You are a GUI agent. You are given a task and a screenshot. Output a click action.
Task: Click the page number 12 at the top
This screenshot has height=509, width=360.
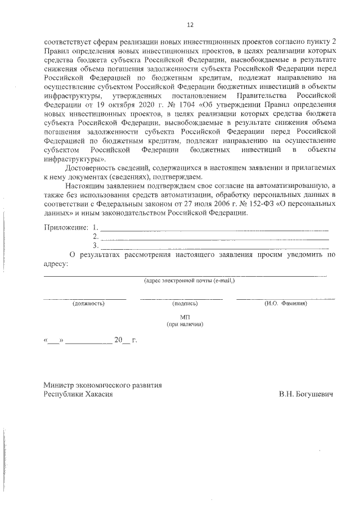(190, 25)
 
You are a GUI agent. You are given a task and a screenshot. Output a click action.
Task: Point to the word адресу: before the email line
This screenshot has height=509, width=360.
(55, 263)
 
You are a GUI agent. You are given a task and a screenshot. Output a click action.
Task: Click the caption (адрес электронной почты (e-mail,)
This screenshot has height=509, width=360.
(190, 280)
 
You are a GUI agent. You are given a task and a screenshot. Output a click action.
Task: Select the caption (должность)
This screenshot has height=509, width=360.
(89, 303)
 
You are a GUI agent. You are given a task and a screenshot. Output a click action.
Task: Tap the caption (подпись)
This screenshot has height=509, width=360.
(184, 303)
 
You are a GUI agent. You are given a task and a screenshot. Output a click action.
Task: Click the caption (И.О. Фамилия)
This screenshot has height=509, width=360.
(285, 303)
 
